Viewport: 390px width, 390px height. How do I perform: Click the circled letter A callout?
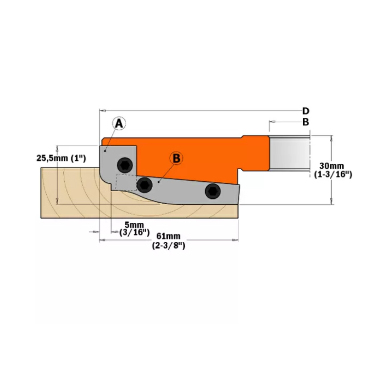point(119,124)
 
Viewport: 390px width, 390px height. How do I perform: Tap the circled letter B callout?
point(176,158)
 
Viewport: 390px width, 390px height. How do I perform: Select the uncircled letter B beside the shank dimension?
point(306,122)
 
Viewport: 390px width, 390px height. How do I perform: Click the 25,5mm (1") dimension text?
point(61,158)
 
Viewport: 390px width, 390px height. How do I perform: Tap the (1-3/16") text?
point(333,174)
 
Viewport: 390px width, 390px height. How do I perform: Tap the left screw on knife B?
point(145,184)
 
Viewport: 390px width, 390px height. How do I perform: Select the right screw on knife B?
point(213,191)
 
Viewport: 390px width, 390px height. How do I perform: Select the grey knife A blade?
point(110,163)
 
